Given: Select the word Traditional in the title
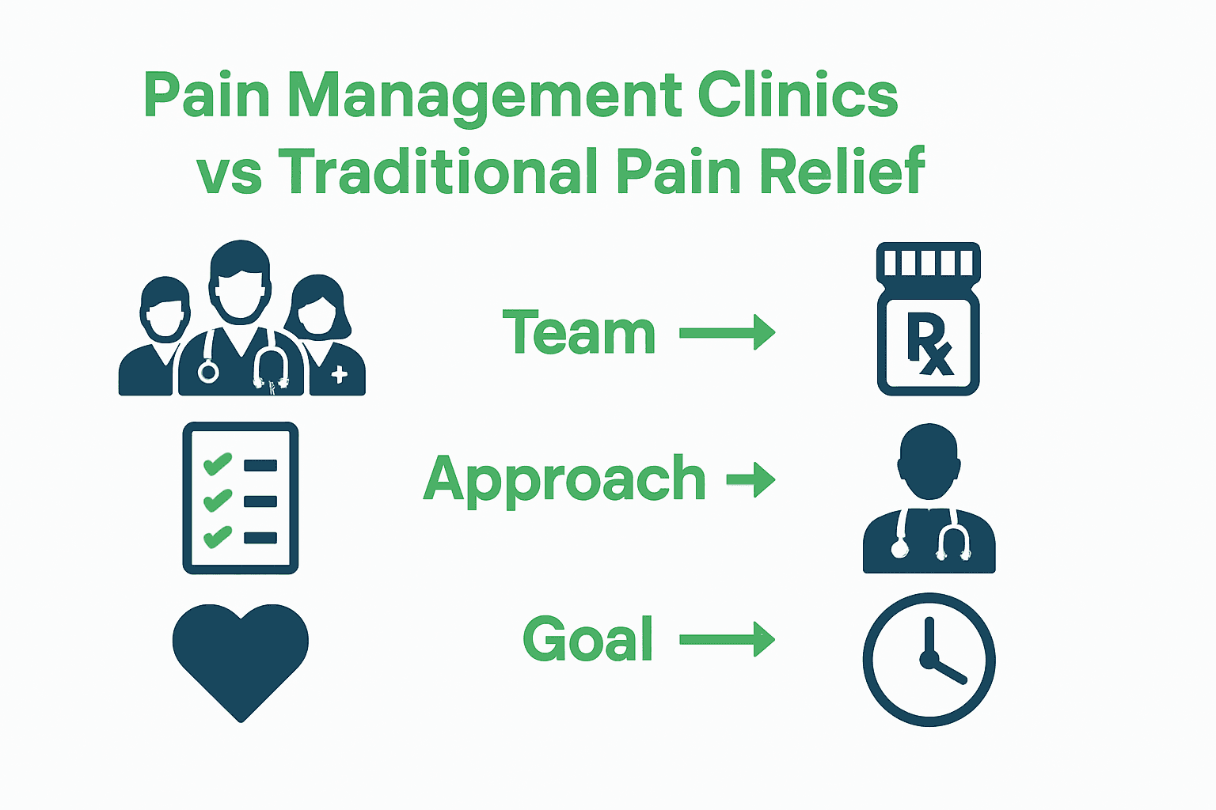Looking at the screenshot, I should tap(438, 171).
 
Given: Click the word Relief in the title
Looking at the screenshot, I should tap(842, 171).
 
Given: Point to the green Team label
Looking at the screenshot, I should tap(579, 333).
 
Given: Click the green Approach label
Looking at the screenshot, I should tap(564, 479).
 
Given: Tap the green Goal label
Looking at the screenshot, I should tap(588, 639).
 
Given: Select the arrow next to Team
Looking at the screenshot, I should tap(727, 332).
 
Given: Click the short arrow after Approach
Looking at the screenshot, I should tap(750, 479).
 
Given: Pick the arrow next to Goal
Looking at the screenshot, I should tap(727, 639).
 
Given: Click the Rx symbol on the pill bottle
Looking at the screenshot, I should tap(929, 345).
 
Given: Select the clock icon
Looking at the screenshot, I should tap(929, 659).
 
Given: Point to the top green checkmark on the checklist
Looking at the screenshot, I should tap(217, 464).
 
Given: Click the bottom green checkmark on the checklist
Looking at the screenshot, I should tap(217, 536).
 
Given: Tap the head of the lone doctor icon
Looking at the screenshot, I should tap(929, 462).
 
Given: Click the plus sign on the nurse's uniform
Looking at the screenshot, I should tap(339, 375).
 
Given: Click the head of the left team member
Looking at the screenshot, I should tap(165, 309).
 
